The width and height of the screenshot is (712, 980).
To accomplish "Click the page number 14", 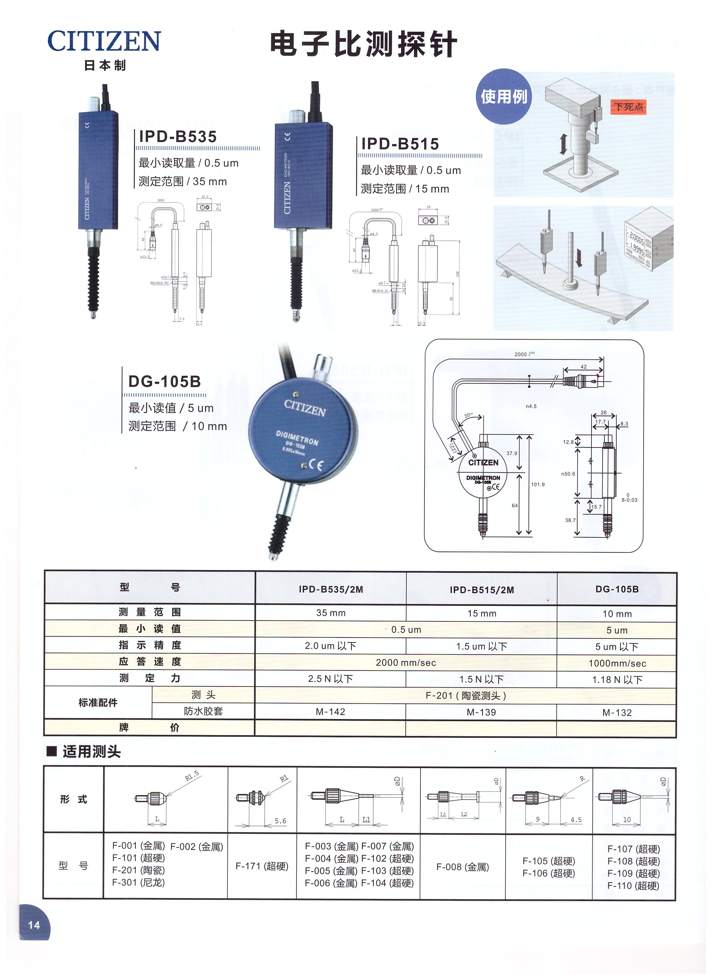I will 34,925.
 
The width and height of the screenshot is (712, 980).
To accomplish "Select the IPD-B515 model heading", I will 400,144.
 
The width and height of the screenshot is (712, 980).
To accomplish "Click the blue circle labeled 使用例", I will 504,96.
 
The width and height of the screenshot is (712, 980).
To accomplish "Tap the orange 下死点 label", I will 628,107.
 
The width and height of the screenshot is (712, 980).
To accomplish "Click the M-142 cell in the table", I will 330,712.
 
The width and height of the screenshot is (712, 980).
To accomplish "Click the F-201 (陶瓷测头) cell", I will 465,696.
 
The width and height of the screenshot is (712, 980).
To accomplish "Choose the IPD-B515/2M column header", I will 482,590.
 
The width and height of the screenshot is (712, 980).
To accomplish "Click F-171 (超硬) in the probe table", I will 262,866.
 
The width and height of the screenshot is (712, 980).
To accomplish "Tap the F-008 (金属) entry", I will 462,867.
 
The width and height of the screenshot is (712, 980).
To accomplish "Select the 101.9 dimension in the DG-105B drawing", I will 538,484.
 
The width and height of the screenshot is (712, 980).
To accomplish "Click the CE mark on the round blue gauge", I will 316,465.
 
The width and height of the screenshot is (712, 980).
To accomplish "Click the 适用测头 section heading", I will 91,752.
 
